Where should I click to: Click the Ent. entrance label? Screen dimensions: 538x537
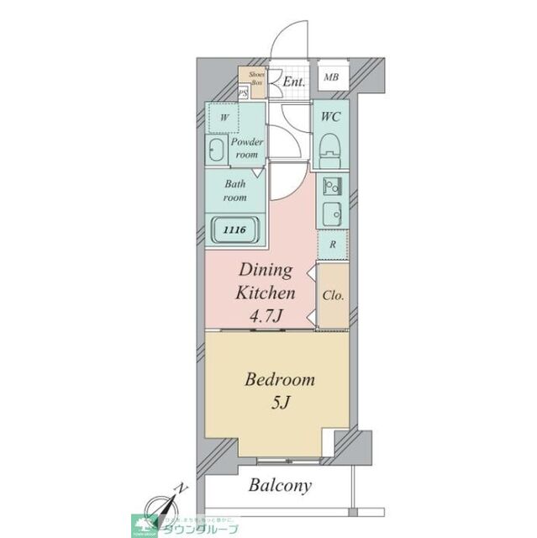pos(293,82)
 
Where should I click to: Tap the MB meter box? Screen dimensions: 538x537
pos(332,79)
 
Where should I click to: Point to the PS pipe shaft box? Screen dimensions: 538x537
pos(243,94)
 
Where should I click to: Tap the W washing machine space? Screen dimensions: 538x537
pos(224,119)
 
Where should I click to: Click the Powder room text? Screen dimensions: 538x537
pos(246,148)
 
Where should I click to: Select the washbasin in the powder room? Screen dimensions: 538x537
pos(216,151)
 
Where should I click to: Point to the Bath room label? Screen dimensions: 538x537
pos(234,190)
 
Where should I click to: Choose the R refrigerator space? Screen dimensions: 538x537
pos(333,245)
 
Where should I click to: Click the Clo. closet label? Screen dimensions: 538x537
pos(334,295)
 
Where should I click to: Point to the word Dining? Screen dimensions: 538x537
pos(266,271)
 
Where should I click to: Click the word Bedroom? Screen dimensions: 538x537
pos(280,380)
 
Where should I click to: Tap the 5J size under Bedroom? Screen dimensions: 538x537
pos(280,404)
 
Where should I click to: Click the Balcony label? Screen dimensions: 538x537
pos(280,485)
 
